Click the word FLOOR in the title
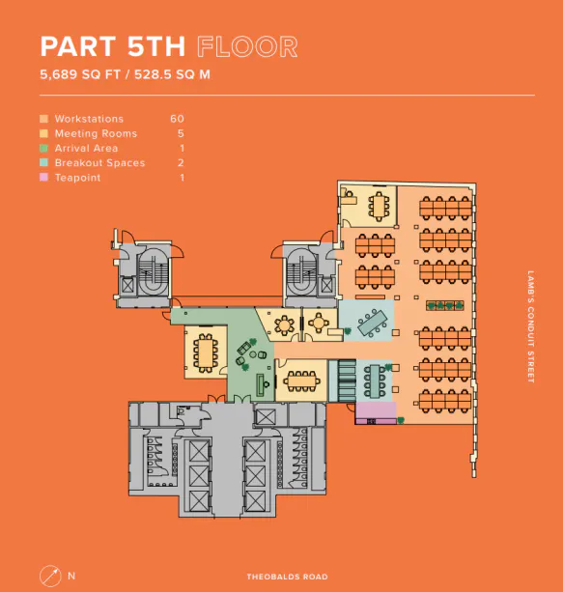point(247,46)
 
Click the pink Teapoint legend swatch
point(43,178)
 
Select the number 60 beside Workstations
point(177,119)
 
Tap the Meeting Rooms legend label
point(96,133)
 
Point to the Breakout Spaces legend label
point(99,162)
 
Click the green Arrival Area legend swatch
point(43,148)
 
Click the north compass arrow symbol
point(50,577)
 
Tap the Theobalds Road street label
point(288,577)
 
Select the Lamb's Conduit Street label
point(531,327)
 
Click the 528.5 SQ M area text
point(172,74)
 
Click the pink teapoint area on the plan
point(376,412)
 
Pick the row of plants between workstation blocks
point(445,305)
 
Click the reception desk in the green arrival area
point(261,384)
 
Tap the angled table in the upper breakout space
point(373,323)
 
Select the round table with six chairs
point(284,324)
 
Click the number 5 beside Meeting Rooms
point(181,133)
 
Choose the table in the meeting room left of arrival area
point(205,353)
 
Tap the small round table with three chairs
point(319,324)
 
